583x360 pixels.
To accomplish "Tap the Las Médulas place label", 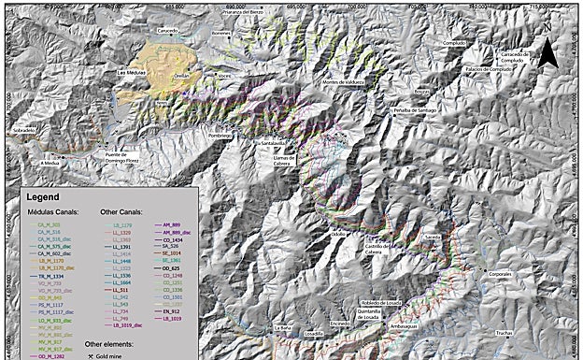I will (136, 71).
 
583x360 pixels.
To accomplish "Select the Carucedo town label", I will (167, 30).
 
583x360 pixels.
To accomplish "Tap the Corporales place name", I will (500, 274).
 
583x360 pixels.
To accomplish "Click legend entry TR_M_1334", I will (51, 278).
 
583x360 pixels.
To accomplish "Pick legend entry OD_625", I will (174, 268).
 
